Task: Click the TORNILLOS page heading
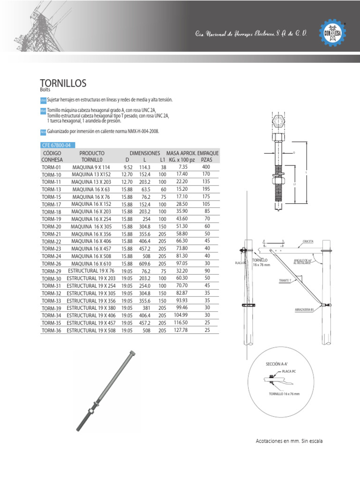[x=64, y=83]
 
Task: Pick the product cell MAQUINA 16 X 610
[x=92, y=264]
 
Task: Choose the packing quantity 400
[x=206, y=167]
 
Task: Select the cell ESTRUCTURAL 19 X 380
[x=92, y=308]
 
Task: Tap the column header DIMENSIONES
[x=145, y=153]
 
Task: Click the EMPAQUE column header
[x=208, y=153]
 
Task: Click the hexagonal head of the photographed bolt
[x=132, y=353]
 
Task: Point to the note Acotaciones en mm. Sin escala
[x=289, y=441]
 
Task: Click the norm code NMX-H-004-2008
[x=139, y=131]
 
